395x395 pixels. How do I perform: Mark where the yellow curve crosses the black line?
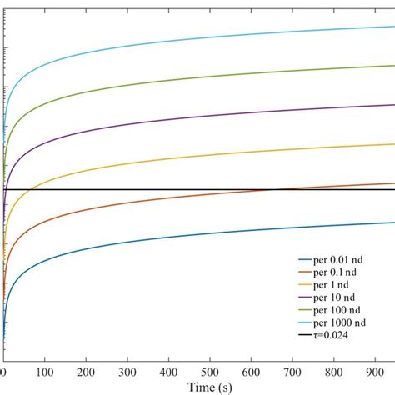(x=29, y=190)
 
